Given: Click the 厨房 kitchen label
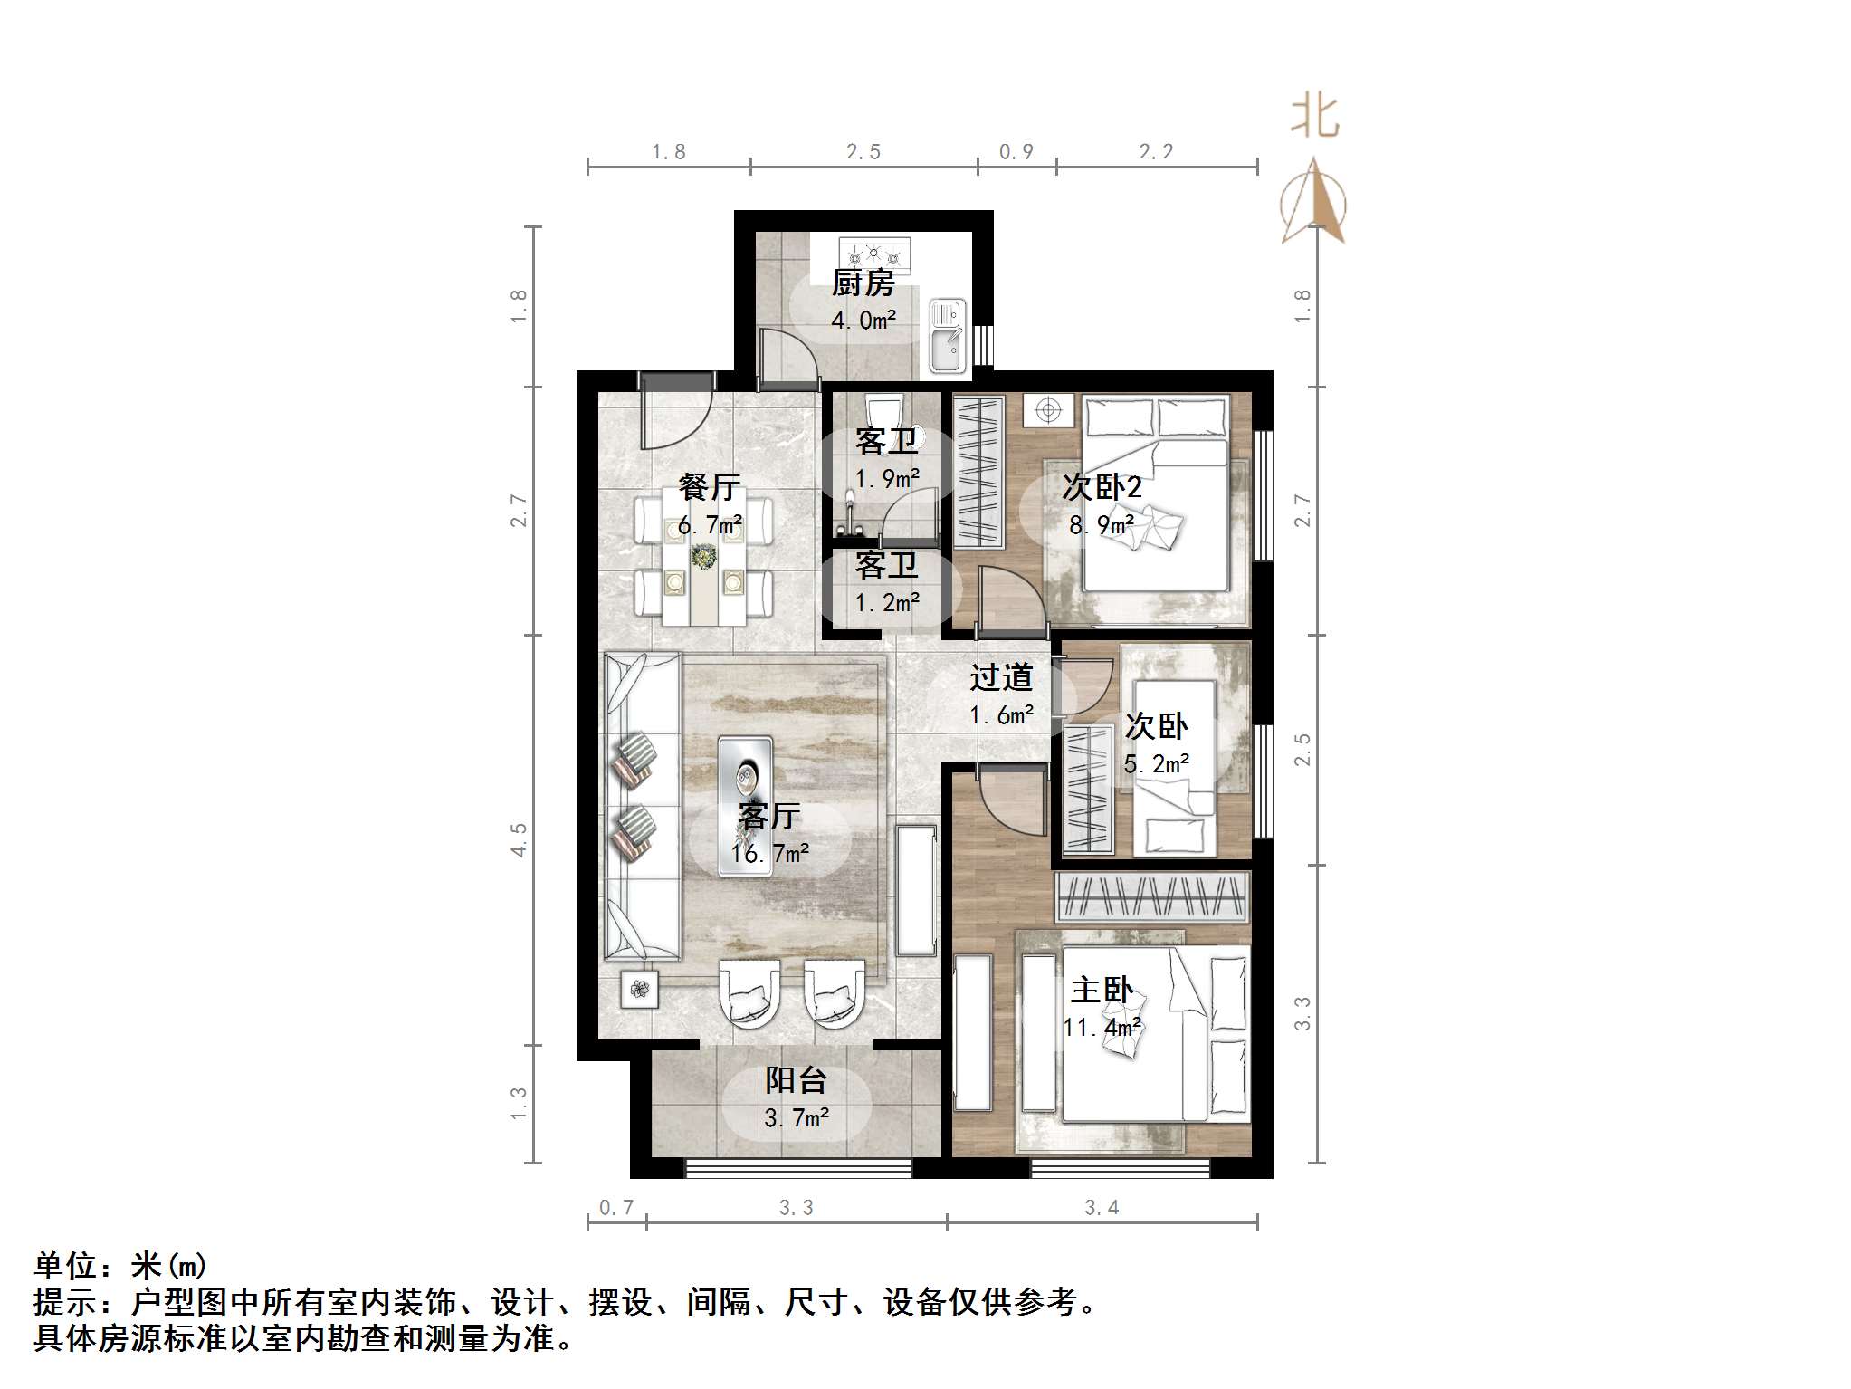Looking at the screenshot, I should [863, 283].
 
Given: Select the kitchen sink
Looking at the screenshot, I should [947, 337].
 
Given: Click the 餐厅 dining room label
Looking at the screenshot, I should [710, 487].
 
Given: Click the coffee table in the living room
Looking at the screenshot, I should [745, 805].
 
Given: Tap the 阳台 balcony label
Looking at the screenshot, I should [796, 1080].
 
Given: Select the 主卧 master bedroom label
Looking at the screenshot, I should [1101, 990].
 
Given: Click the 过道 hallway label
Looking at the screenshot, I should [1001, 677].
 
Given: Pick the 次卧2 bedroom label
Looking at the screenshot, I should [1102, 488].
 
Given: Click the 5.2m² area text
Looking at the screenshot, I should [1156, 764].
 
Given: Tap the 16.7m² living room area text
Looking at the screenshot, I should [769, 853].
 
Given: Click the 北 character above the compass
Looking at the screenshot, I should [1314, 118].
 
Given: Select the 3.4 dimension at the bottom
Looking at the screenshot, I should [1102, 1207].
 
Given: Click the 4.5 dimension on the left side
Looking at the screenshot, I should [519, 839].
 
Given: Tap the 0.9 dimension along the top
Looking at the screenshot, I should [1016, 152].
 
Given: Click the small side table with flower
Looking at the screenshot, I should [640, 989].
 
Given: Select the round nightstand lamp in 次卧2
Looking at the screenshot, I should [1048, 410].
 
